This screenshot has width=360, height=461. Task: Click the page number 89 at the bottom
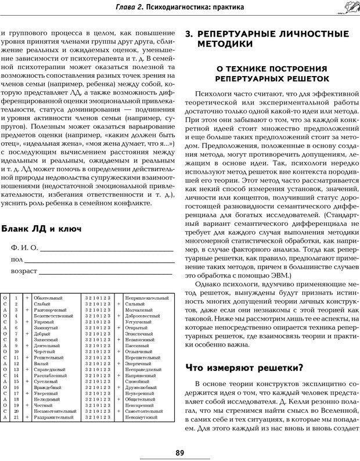pyautogui.click(x=180, y=452)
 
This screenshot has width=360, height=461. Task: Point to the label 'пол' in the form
pyautogui.click(x=17, y=260)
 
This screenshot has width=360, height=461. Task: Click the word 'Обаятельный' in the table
pyautogui.click(x=47, y=298)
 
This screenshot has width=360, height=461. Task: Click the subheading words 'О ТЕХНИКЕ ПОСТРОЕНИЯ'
pyautogui.click(x=272, y=68)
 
